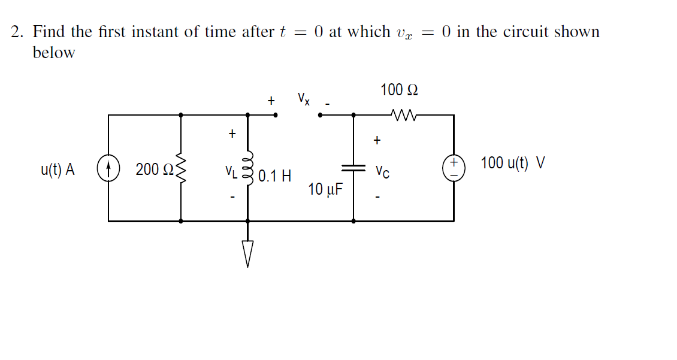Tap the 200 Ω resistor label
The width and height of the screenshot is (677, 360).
coord(149,170)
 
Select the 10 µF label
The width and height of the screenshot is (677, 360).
coord(326,190)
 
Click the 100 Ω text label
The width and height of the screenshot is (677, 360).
coord(399,90)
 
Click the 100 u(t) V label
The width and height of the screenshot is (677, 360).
coord(512,163)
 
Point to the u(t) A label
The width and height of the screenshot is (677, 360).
coord(58,170)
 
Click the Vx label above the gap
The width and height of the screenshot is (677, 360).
coord(303,98)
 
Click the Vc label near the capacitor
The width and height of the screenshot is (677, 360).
coord(382,172)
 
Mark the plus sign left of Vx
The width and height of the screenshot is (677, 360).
coord(271,101)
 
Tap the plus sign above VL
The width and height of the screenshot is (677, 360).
coord(232,133)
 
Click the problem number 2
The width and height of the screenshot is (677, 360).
coord(17,32)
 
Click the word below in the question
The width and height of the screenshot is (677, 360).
coord(54,53)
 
